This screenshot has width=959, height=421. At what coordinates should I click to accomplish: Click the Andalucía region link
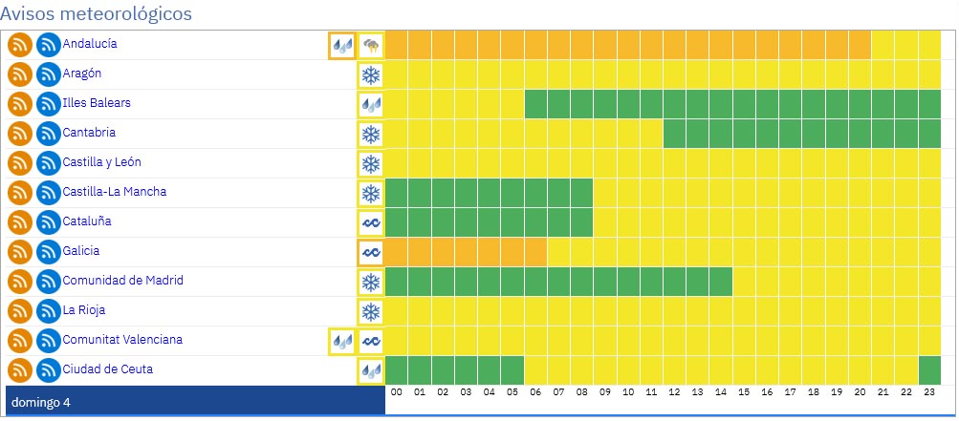(90, 44)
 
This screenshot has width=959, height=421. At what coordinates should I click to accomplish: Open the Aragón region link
(82, 74)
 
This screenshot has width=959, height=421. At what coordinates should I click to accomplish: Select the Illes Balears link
(97, 103)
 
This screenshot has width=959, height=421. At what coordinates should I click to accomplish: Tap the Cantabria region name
(89, 133)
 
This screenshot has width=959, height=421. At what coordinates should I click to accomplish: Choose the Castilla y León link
(101, 162)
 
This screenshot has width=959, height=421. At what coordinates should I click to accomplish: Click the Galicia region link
(81, 251)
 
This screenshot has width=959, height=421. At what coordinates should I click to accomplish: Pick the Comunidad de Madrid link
(122, 281)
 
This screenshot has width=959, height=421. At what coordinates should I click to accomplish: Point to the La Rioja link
(84, 310)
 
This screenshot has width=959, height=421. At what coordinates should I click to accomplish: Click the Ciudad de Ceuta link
(107, 369)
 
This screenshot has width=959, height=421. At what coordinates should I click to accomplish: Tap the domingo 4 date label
(40, 402)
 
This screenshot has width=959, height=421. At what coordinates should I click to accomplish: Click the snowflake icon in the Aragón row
(370, 75)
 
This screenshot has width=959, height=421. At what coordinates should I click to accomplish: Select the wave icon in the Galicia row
(370, 253)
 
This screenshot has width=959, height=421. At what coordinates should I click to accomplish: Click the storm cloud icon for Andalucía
(370, 46)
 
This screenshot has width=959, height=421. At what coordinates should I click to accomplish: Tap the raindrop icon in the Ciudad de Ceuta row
(370, 371)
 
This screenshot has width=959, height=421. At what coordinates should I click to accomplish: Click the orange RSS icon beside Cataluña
(20, 222)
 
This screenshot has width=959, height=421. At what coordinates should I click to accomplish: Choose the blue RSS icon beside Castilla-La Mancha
(48, 193)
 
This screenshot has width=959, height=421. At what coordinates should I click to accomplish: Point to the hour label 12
(673, 391)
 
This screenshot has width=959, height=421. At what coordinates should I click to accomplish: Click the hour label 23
(928, 391)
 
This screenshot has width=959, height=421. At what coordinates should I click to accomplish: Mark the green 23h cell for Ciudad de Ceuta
(929, 369)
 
